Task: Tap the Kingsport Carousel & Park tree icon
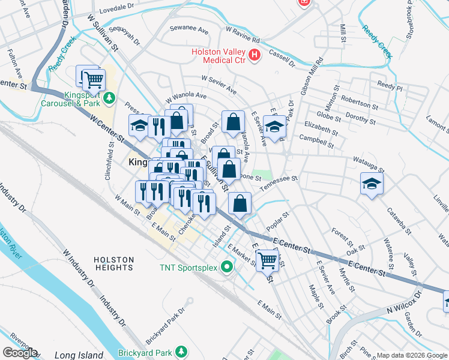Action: pos(109,97)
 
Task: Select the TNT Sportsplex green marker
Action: pos(226,266)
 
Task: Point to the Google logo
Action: pos(20,353)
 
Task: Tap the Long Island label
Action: pos(79,355)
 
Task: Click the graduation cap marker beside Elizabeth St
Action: pos(274,127)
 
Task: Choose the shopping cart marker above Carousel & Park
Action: pos(93,79)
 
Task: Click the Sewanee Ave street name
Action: pos(188,29)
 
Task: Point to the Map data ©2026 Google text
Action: pos(411,355)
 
